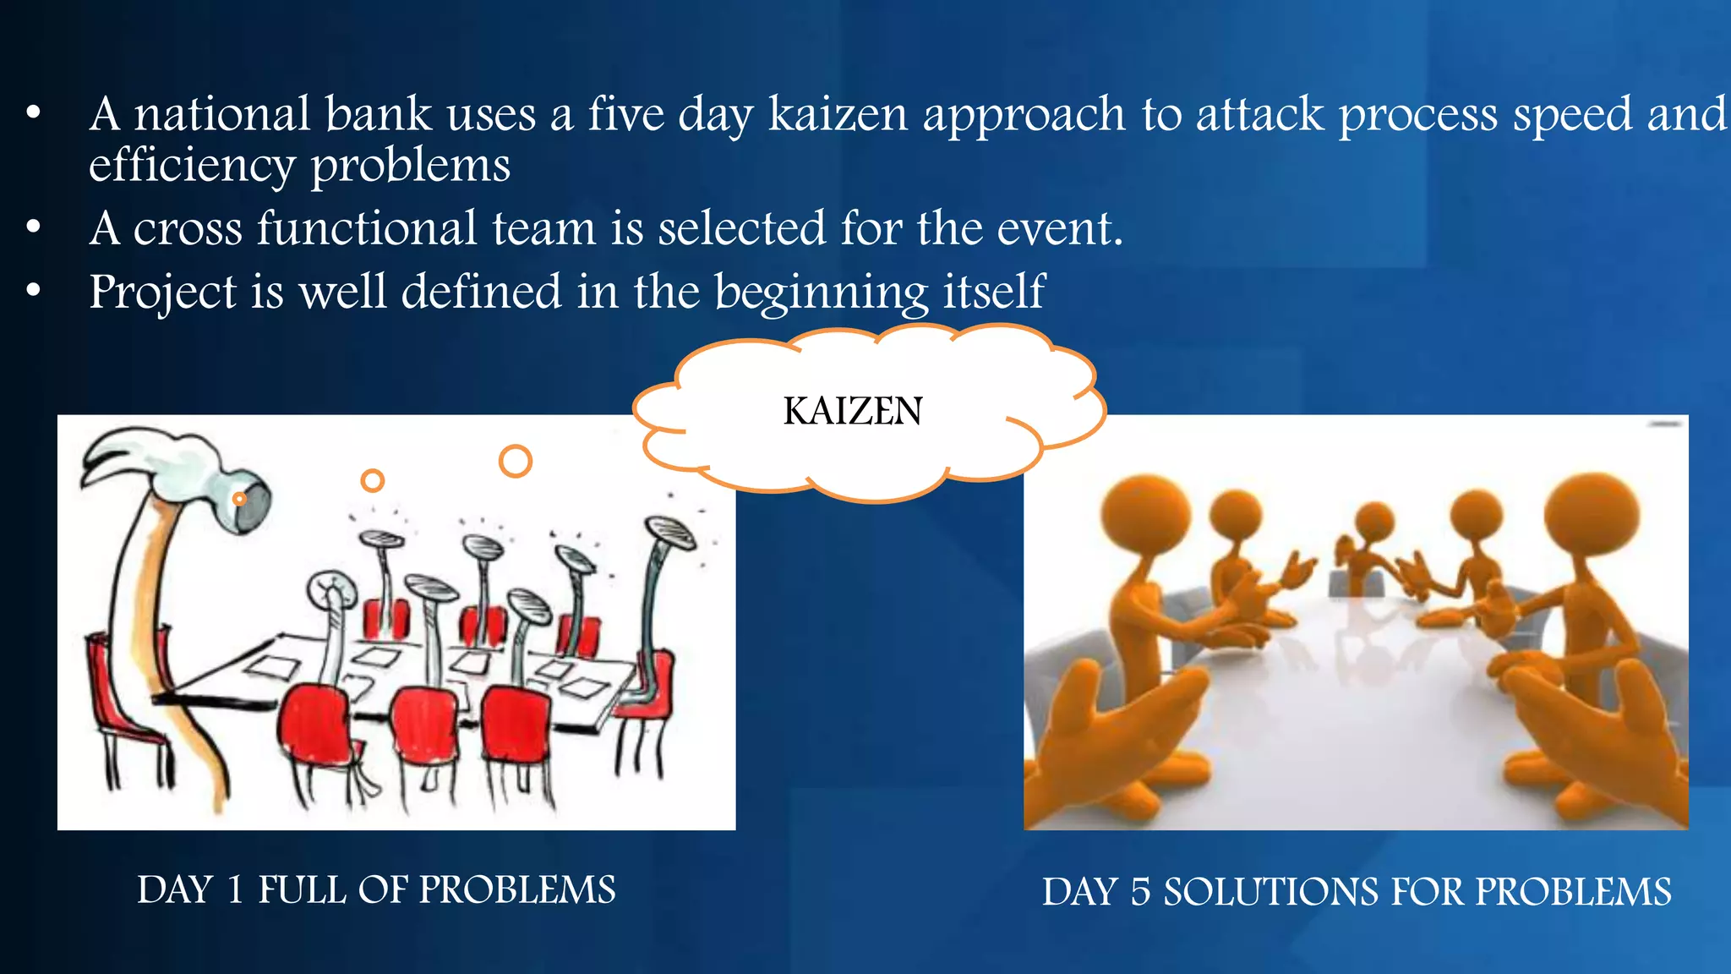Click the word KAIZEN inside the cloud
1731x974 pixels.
(852, 412)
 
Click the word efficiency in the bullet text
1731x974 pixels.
(191, 165)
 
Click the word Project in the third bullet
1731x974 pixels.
(162, 293)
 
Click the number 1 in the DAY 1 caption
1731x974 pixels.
(236, 890)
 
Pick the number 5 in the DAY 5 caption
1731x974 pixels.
(1140, 893)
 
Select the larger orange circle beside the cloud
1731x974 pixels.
(515, 462)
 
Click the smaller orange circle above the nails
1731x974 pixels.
(372, 481)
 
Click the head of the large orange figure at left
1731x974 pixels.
(1145, 512)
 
